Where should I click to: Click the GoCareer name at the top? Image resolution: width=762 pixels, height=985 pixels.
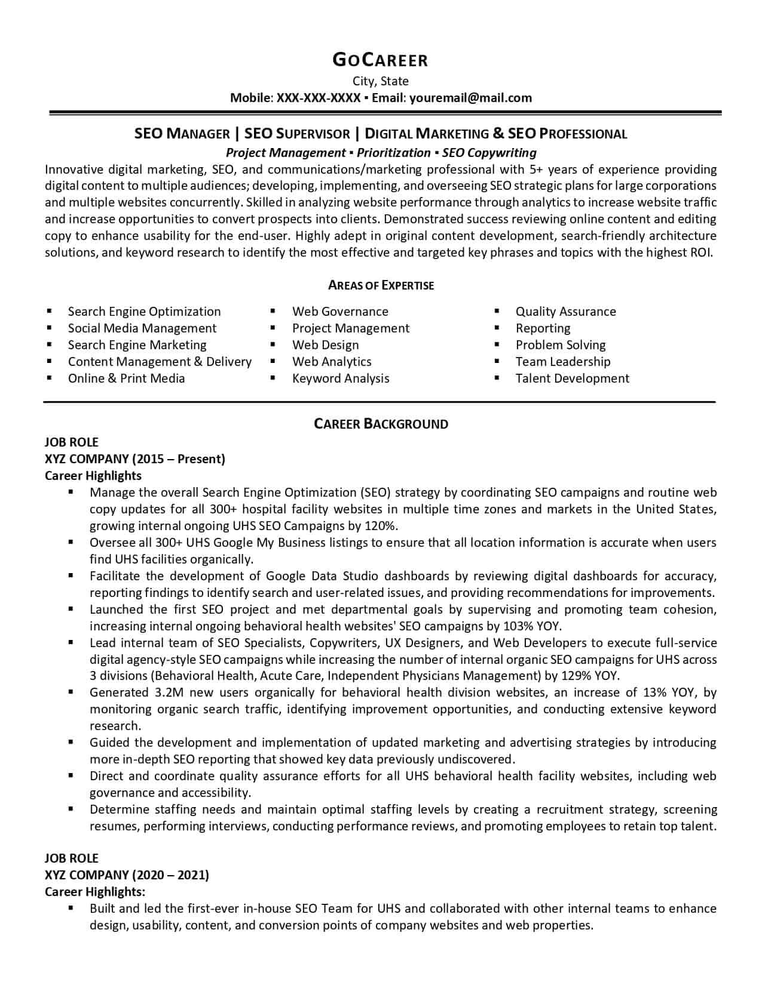pyautogui.click(x=380, y=60)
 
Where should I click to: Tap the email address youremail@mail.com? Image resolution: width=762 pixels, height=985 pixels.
pyautogui.click(x=470, y=98)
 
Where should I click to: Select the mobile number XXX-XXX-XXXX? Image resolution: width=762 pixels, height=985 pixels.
pyautogui.click(x=319, y=98)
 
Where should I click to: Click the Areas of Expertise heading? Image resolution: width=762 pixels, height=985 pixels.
pyautogui.click(x=381, y=285)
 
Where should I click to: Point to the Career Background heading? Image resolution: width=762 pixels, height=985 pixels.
pyautogui.click(x=381, y=424)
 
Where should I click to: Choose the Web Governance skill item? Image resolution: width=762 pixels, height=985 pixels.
pyautogui.click(x=340, y=312)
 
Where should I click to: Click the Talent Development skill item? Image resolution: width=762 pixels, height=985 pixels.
pyautogui.click(x=572, y=378)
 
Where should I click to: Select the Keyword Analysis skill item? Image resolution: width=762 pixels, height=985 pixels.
pyautogui.click(x=341, y=378)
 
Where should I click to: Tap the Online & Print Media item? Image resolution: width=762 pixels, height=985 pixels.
pyautogui.click(x=126, y=378)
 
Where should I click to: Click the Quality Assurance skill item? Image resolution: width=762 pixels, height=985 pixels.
pyautogui.click(x=565, y=312)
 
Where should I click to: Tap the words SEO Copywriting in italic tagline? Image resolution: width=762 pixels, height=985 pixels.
pyautogui.click(x=489, y=153)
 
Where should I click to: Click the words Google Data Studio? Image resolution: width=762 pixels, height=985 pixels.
pyautogui.click(x=322, y=576)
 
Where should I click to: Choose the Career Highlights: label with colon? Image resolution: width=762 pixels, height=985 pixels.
pyautogui.click(x=95, y=892)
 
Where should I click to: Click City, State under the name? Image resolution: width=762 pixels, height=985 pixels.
pyautogui.click(x=380, y=81)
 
